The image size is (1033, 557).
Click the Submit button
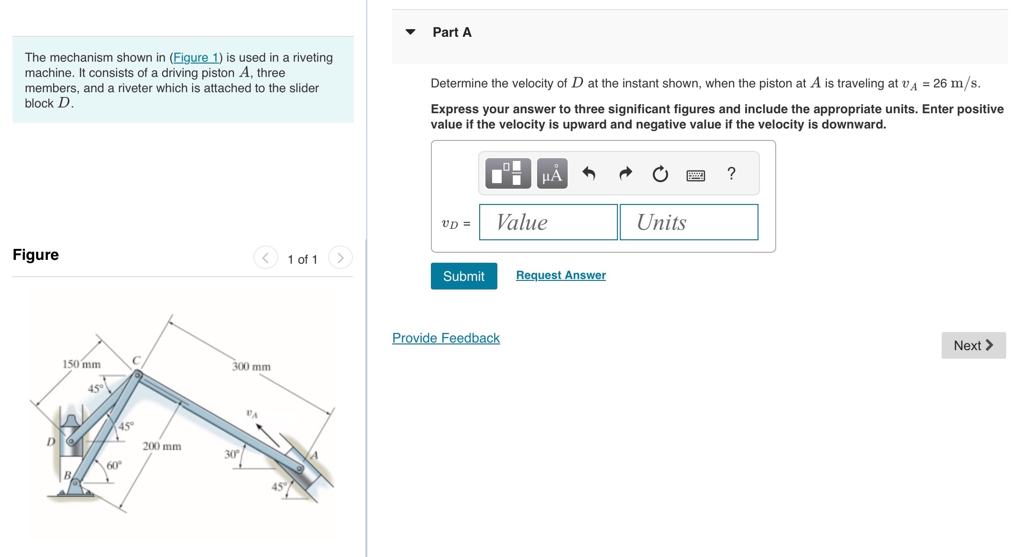[x=463, y=276]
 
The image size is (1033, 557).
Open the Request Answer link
[x=560, y=275]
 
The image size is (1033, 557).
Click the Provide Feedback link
[x=446, y=338]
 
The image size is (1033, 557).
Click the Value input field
[x=548, y=222]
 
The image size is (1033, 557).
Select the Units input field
[x=689, y=222]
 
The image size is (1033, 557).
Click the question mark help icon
[x=731, y=173]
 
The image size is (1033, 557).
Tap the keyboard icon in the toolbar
[x=695, y=175]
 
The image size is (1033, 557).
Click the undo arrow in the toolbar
[x=589, y=173]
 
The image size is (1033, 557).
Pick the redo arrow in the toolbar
[x=625, y=173]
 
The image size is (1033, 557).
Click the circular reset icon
[x=660, y=174]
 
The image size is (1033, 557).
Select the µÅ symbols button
[x=552, y=173]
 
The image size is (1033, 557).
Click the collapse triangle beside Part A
[x=410, y=32]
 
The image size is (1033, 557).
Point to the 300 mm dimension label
[x=251, y=366]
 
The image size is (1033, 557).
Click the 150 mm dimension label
[x=81, y=364]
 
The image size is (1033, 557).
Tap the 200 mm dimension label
[x=162, y=446]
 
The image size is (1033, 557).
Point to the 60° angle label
[x=114, y=465]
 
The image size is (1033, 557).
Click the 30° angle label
[x=232, y=454]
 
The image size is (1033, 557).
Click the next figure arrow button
[x=340, y=258]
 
